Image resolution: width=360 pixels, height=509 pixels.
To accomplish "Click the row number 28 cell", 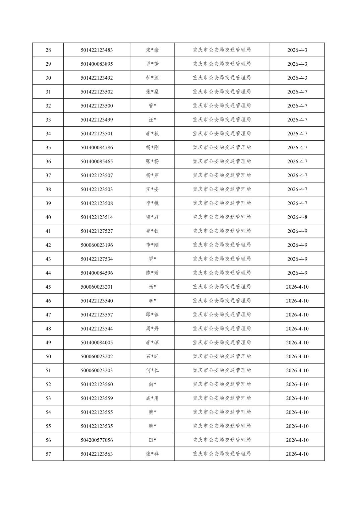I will (48, 50).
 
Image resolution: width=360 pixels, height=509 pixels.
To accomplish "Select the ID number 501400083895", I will (97, 64).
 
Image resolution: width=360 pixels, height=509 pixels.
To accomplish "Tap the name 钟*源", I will (152, 78).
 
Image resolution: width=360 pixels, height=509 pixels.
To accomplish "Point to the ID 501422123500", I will (97, 106).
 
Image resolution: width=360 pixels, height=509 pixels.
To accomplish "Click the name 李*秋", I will (152, 134).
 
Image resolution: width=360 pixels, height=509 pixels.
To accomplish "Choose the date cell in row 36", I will (297, 161).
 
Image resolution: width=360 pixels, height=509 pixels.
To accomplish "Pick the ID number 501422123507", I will (97, 175).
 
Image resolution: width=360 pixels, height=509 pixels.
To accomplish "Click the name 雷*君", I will (152, 217).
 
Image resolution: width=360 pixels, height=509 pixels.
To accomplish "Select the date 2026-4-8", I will (297, 217).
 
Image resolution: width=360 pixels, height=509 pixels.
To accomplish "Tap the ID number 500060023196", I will (97, 245).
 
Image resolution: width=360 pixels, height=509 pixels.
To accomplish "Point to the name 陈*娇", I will (152, 273).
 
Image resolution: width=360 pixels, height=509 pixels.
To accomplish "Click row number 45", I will (48, 287).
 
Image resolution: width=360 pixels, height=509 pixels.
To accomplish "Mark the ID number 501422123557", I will (97, 315).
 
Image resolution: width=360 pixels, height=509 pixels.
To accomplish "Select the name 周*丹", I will (152, 329).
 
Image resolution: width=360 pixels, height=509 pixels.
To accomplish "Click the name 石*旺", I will (152, 356).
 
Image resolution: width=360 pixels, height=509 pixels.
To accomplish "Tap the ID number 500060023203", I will (97, 370).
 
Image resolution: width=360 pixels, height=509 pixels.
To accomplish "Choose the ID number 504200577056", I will (97, 440).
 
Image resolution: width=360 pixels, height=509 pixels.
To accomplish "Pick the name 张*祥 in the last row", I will (152, 454).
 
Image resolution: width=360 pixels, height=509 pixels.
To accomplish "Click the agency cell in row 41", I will (222, 231).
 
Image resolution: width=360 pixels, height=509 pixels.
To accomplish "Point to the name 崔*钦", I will (152, 231).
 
